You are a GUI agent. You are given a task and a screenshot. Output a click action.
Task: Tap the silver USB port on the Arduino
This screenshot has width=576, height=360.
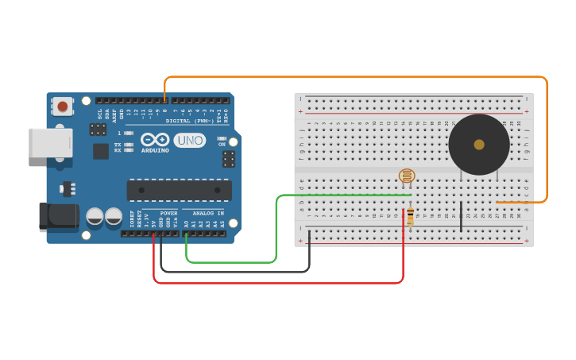[x=50, y=143]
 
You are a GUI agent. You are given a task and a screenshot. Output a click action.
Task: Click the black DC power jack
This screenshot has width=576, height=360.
[x=59, y=216]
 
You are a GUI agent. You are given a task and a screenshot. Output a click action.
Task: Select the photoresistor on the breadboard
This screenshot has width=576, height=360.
[x=407, y=176]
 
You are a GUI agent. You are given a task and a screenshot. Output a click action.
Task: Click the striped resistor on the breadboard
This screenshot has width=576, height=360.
[x=410, y=217]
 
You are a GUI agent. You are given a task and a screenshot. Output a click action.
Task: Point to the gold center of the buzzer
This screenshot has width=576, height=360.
[x=478, y=145]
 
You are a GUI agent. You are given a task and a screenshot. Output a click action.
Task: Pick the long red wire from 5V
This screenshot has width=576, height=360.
[x=278, y=282]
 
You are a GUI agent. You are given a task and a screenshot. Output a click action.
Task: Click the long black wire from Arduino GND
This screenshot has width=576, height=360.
[x=238, y=272]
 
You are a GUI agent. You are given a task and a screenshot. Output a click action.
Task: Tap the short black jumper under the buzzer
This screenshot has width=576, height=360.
[x=461, y=216]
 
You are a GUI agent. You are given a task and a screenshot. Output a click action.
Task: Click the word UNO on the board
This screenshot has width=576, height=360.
[x=190, y=141]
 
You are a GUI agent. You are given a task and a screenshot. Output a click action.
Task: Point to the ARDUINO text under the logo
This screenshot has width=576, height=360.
[x=155, y=150]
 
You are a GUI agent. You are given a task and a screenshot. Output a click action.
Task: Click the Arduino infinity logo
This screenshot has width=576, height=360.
[x=155, y=140]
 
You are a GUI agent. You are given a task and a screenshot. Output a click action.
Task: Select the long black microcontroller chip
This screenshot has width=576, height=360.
[x=179, y=191]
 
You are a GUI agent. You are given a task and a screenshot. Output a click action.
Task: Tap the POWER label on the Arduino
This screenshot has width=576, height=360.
[x=168, y=213]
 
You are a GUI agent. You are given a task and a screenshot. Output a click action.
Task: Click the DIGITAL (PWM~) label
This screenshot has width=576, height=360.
[x=190, y=121]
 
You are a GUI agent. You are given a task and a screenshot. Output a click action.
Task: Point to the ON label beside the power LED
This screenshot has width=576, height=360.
[x=222, y=144]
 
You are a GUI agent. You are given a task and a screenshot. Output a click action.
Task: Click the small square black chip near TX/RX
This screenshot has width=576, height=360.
[x=101, y=151]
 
